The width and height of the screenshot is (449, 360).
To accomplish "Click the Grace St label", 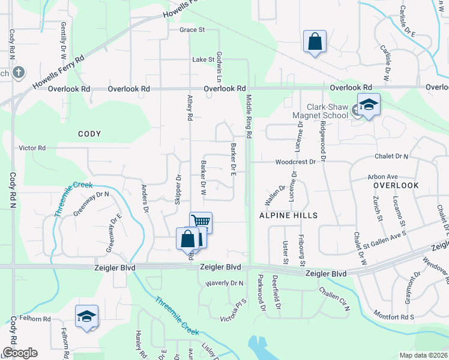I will click(192, 29).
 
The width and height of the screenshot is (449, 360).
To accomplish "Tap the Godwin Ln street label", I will click(220, 67).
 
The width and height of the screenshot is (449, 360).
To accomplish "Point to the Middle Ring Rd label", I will click(248, 116).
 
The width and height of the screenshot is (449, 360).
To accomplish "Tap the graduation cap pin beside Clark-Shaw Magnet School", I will click(369, 105).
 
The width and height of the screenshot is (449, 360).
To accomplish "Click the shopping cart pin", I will click(201, 223).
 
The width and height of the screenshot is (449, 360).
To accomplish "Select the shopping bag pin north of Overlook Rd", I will click(315, 42).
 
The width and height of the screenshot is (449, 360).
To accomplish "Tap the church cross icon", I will click(18, 73).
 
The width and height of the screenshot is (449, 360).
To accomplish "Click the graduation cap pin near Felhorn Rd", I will click(86, 316).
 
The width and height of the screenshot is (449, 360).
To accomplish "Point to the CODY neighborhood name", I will click(89, 134).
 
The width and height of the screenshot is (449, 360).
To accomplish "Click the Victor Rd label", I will click(32, 148).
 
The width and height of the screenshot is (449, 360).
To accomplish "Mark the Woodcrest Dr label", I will click(295, 162).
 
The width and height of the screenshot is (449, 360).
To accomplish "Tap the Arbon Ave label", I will click(384, 177).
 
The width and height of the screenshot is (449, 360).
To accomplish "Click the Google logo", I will click(19, 353).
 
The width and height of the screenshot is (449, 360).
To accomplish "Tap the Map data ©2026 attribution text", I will click(423, 355).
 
